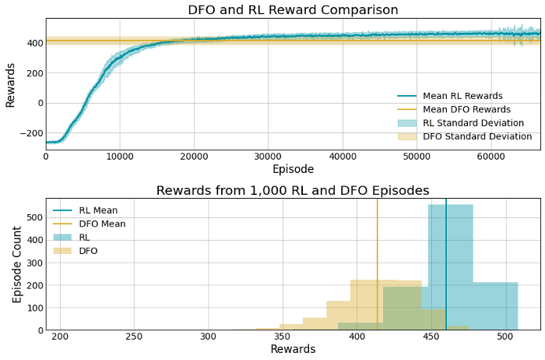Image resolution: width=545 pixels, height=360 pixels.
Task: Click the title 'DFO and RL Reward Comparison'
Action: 293,10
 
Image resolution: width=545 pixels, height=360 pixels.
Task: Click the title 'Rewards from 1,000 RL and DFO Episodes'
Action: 293,191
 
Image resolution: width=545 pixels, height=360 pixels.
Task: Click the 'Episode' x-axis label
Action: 293,169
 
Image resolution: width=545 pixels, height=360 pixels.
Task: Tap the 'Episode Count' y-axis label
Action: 17,264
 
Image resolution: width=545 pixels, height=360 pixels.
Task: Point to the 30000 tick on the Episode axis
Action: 268,156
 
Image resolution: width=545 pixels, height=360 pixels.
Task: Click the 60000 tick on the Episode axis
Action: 490,156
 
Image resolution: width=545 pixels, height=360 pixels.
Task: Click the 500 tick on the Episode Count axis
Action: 32,217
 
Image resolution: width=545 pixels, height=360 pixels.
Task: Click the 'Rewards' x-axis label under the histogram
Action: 293,350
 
